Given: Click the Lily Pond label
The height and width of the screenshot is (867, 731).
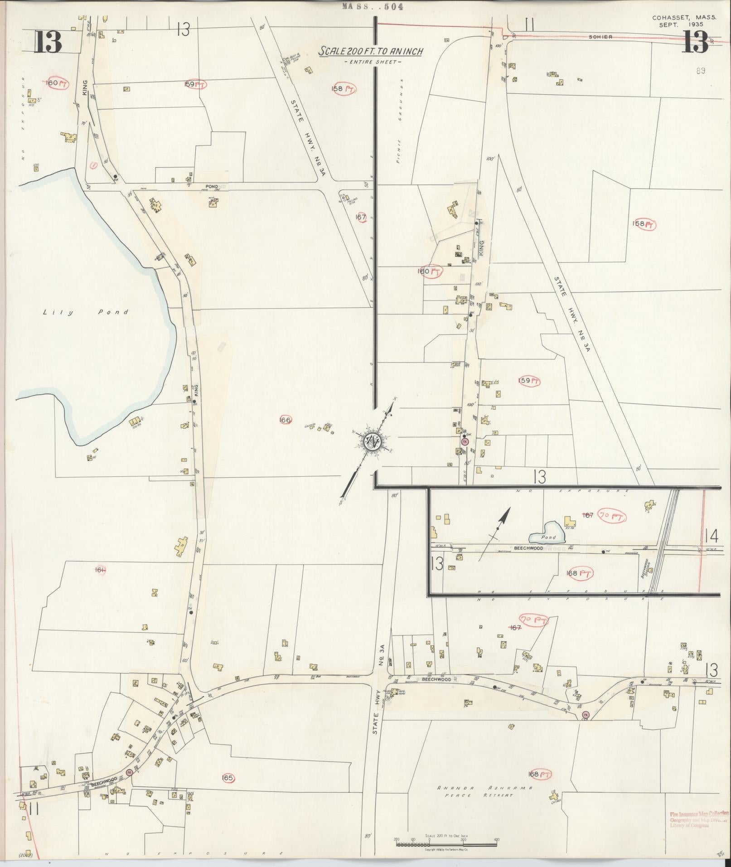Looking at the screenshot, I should [86, 312].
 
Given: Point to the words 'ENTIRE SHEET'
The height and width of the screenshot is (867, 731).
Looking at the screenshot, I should [372, 62].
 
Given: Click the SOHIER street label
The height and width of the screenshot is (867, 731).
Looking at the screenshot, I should [600, 37].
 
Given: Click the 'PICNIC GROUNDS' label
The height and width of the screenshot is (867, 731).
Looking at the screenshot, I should [401, 122].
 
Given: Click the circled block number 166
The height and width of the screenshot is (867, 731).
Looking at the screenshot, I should [286, 420].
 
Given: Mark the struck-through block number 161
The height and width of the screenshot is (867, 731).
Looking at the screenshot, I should [100, 570].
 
